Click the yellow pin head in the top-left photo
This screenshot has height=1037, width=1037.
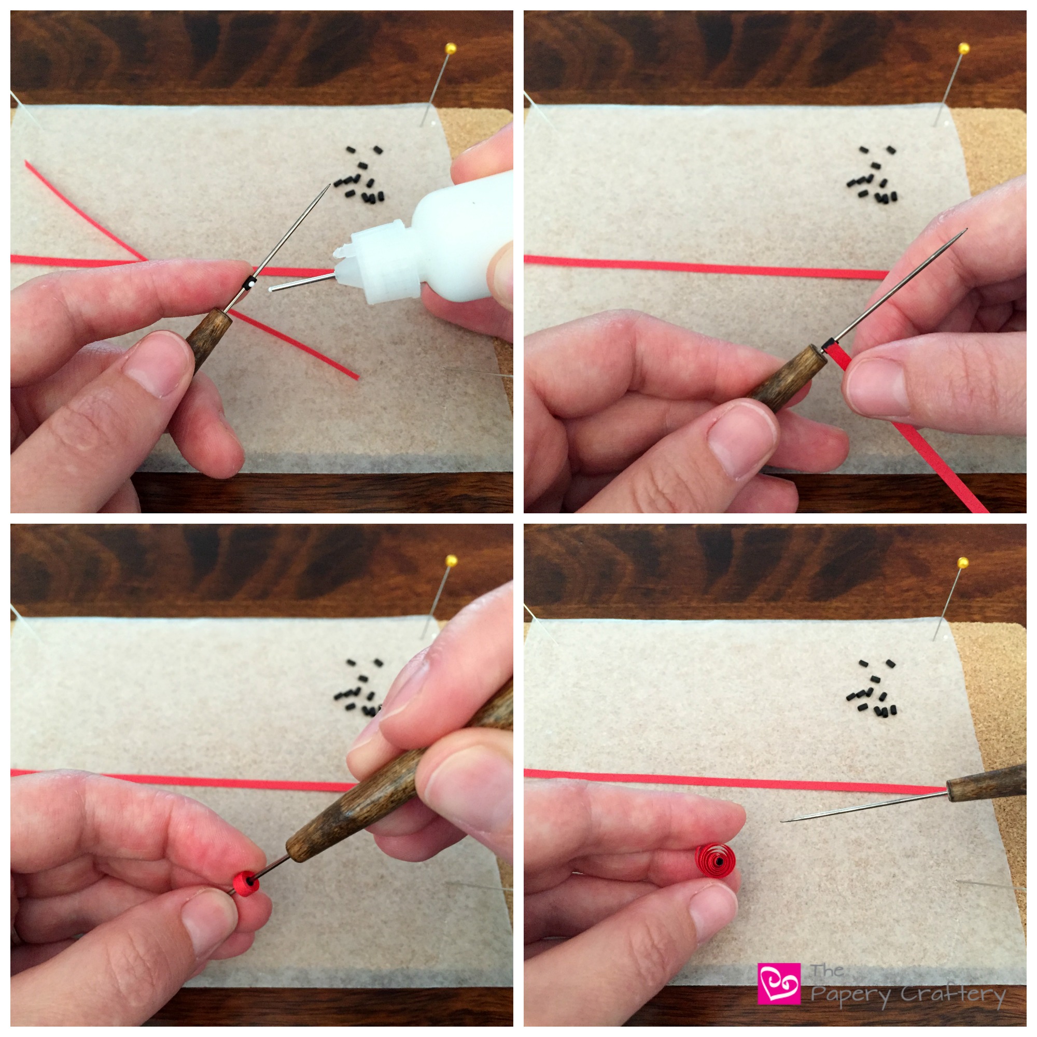pyautogui.click(x=451, y=49)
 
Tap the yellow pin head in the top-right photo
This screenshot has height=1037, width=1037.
pyautogui.click(x=964, y=49)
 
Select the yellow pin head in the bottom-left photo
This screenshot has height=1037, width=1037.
pyautogui.click(x=451, y=562)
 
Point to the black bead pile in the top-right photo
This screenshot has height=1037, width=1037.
pyautogui.click(x=873, y=174)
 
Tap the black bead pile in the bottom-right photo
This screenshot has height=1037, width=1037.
pyautogui.click(x=873, y=688)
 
